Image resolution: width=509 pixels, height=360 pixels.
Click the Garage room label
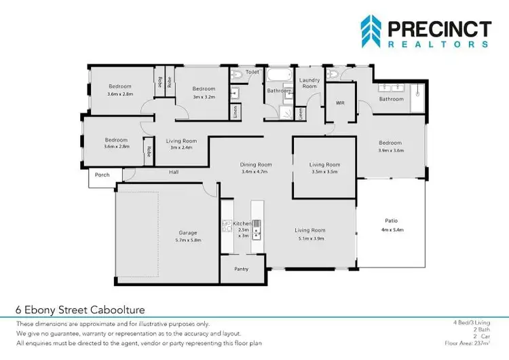point(187,233)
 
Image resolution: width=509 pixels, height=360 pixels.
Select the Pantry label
point(241,269)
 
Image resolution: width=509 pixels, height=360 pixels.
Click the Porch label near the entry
point(102,175)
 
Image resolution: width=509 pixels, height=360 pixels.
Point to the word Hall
point(174,173)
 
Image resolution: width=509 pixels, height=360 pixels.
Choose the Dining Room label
point(256,164)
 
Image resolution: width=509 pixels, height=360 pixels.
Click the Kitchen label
point(242,223)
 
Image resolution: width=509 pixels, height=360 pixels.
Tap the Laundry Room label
point(309,84)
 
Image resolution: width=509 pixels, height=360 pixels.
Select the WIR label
point(341,103)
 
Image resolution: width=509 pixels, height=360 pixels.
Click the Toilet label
point(252,71)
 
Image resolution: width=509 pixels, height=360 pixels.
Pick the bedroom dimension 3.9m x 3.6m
point(390,151)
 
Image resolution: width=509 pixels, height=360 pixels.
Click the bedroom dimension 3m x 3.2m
point(203,97)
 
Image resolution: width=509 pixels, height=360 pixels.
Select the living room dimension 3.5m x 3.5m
point(324,173)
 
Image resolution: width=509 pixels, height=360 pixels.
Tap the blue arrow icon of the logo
point(370,32)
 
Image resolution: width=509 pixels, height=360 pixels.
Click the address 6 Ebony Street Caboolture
point(80,310)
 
